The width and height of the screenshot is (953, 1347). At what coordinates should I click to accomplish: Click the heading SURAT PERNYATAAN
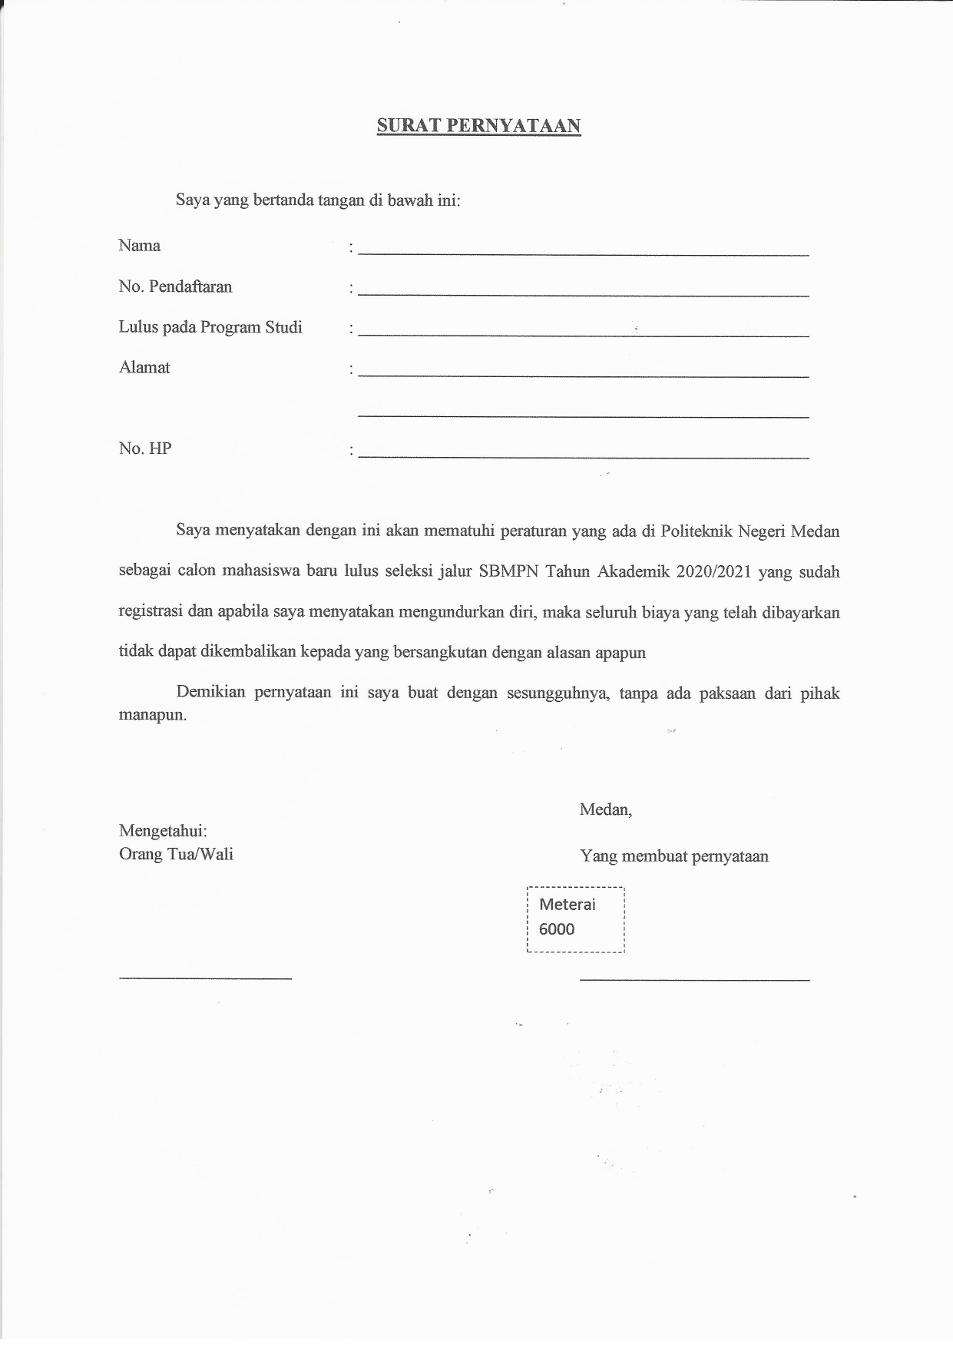coord(478,126)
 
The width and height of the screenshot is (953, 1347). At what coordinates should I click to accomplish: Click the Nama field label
coord(140,246)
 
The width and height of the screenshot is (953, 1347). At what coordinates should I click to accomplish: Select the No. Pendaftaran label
coord(175,286)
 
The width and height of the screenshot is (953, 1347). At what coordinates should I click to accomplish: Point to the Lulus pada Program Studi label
coord(210,327)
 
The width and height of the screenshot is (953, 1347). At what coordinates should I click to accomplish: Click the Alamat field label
coord(144,367)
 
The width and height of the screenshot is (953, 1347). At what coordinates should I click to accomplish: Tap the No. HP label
coord(145,448)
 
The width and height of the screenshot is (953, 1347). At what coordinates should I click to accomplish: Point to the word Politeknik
coord(696,531)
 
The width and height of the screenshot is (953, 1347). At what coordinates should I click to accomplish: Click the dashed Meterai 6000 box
coord(576,920)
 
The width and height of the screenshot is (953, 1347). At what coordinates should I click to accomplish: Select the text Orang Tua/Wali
coord(176,854)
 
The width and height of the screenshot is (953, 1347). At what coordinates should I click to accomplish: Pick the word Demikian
coord(210,692)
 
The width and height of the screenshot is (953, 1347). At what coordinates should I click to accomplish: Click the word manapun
coord(152,715)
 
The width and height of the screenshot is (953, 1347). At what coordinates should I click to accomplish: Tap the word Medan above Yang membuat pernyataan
coord(605,809)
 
